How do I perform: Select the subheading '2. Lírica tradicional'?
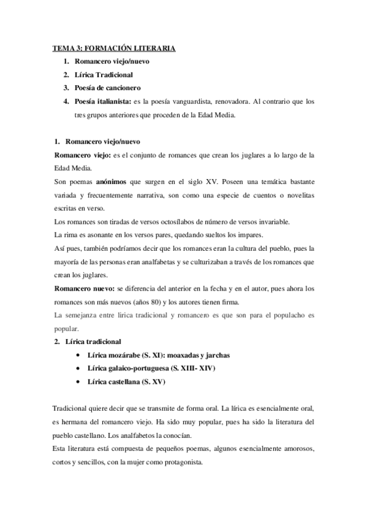click(88, 342)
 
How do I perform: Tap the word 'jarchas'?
click(216, 356)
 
